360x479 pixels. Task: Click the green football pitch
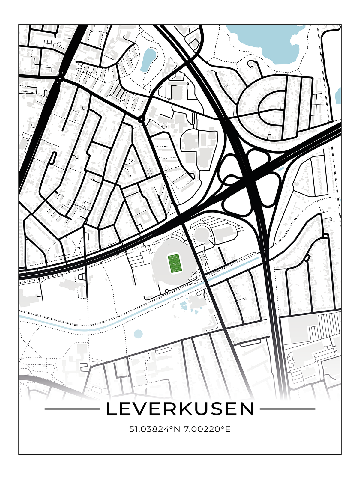(174, 263)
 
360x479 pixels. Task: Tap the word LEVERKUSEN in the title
(180, 409)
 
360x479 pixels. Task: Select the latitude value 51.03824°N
(154, 429)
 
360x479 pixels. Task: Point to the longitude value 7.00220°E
(207, 429)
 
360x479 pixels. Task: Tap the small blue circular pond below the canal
(138, 334)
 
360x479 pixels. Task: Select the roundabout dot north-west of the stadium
(141, 119)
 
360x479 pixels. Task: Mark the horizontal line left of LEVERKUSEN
(72, 409)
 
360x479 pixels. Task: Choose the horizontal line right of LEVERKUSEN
(287, 409)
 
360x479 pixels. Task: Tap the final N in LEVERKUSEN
(248, 409)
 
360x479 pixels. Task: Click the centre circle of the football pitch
(174, 263)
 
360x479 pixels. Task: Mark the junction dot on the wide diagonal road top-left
(60, 79)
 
